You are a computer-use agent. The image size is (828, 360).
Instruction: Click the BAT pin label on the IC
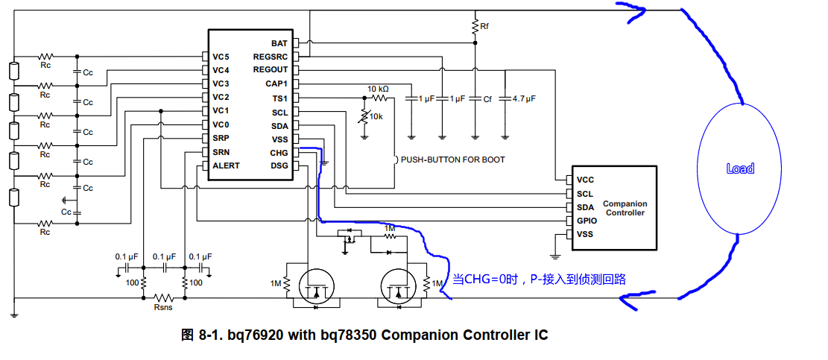click(279, 43)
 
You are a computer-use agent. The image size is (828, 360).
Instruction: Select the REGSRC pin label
click(270, 57)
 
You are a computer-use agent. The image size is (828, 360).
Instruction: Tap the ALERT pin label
click(226, 165)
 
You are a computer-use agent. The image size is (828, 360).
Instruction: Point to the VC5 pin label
click(221, 57)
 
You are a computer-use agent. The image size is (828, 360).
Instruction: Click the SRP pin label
click(221, 139)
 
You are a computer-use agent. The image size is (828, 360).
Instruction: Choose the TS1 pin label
click(279, 98)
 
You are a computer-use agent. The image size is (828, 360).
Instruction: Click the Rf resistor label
click(484, 26)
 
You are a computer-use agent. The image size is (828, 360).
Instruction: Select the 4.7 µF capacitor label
click(524, 98)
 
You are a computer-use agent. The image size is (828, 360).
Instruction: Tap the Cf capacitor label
click(487, 98)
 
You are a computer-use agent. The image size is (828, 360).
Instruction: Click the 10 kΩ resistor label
click(378, 89)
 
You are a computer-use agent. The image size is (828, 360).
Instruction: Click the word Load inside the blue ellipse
click(740, 168)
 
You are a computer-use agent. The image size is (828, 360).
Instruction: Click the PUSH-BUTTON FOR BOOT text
click(452, 160)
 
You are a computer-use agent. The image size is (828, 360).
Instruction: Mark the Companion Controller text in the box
click(625, 208)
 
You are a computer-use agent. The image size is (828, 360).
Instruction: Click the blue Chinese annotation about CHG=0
click(539, 279)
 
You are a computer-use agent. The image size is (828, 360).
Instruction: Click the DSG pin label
click(279, 165)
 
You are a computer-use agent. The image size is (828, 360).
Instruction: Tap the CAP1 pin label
click(276, 84)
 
